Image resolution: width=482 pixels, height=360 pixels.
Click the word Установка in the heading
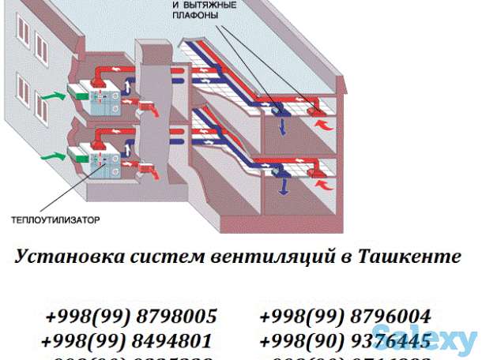click(58, 257)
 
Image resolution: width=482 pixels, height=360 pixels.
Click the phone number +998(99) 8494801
click(127, 341)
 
